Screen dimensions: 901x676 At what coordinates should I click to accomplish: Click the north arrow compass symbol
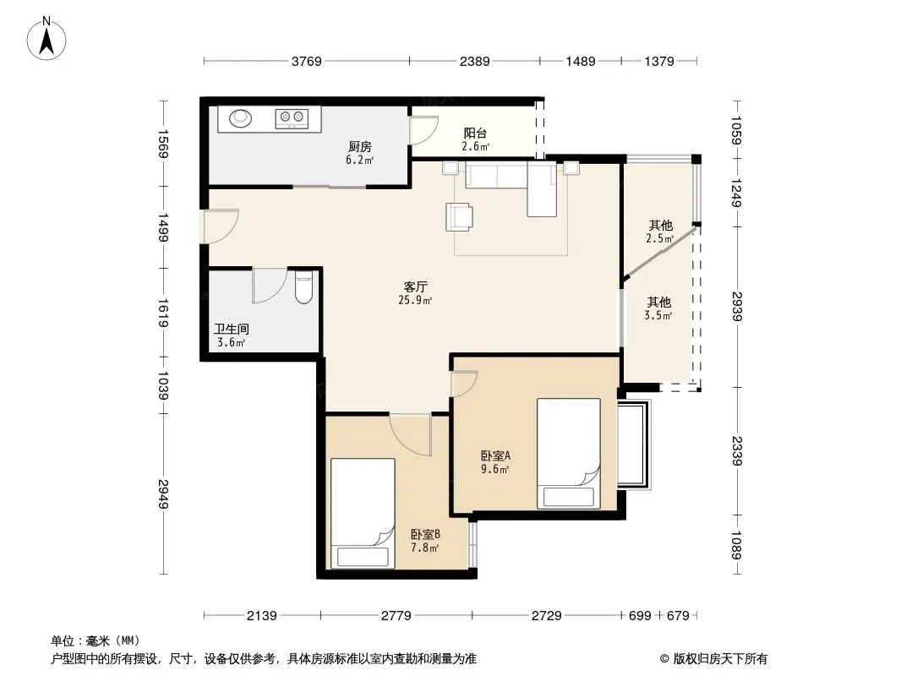click(x=46, y=38)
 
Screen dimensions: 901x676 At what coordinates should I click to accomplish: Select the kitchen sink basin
click(x=241, y=118)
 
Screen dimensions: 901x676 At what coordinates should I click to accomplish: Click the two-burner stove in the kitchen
click(x=292, y=118)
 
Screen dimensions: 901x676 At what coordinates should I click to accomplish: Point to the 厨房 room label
click(x=360, y=147)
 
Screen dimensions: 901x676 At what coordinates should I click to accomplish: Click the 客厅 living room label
click(x=415, y=286)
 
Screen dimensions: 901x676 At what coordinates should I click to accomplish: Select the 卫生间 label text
click(x=232, y=329)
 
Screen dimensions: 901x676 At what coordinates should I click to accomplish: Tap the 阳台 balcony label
click(x=475, y=134)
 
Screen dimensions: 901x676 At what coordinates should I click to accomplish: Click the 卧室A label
click(x=495, y=456)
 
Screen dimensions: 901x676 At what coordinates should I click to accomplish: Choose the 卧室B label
click(x=425, y=534)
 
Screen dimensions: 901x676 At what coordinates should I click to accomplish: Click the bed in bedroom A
click(x=568, y=453)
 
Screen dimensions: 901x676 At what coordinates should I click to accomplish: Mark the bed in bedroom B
click(x=363, y=514)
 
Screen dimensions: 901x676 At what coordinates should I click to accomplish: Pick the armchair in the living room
click(x=460, y=216)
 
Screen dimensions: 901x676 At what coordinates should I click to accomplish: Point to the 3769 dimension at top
click(x=306, y=61)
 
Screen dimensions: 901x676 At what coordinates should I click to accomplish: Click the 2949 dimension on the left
click(x=164, y=493)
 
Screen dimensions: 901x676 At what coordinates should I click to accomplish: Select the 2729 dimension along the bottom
click(x=547, y=616)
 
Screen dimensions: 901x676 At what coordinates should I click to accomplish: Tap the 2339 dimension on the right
click(x=737, y=451)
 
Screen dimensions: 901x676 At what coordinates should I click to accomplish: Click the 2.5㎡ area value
click(x=659, y=238)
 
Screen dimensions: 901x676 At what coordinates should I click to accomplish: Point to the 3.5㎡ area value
click(x=658, y=315)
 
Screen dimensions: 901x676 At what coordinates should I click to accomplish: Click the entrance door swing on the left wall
click(x=219, y=226)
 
